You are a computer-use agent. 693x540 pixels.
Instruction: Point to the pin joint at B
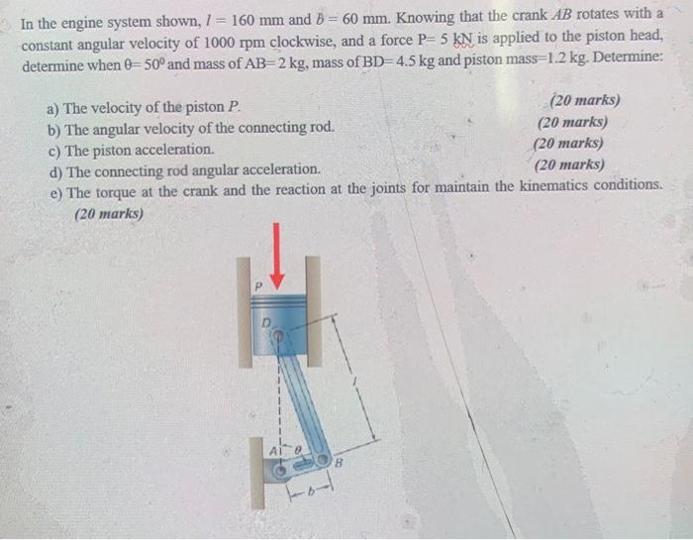323,459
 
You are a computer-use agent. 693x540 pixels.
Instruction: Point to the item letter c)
55,150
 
